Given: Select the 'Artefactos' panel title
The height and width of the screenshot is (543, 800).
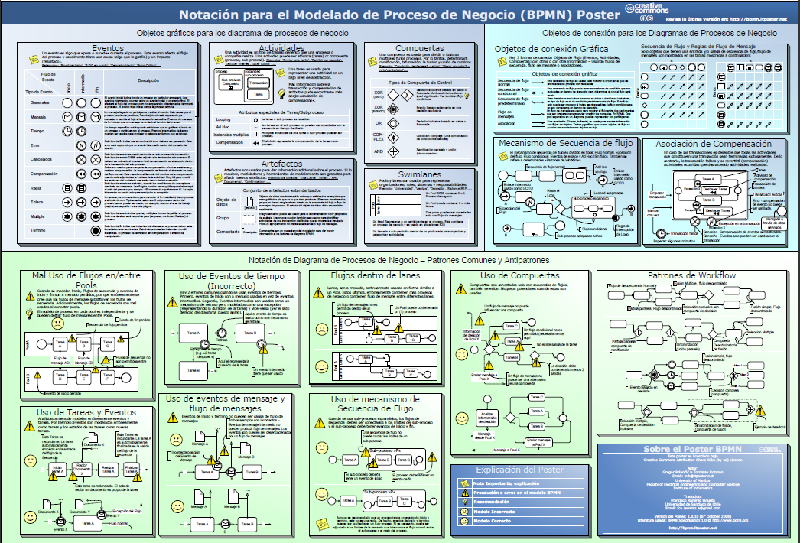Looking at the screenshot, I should [281, 164].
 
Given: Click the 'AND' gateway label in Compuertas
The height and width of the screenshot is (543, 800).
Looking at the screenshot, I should [379, 151].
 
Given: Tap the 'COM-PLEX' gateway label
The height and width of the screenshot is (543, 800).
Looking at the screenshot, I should [379, 137].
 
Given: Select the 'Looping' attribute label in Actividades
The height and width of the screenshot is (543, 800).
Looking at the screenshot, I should [224, 120].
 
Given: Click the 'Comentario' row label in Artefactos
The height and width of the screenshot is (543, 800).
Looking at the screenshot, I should [229, 230].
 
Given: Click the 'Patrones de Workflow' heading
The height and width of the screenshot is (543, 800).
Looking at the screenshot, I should [691, 275].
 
